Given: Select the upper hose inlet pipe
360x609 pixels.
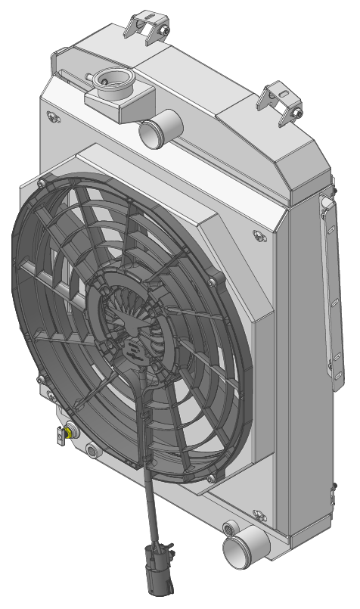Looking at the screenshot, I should [x=155, y=130].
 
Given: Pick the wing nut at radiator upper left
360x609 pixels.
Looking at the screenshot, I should [x=52, y=117].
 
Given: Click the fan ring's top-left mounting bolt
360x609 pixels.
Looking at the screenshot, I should [x=42, y=182].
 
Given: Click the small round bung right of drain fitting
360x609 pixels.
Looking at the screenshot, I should [x=92, y=451].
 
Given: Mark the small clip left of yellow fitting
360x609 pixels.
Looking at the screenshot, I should [x=61, y=436].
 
